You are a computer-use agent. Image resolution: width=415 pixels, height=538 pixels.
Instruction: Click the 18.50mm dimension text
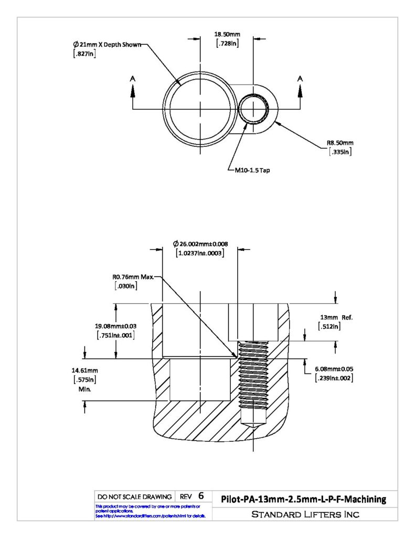click(227, 34)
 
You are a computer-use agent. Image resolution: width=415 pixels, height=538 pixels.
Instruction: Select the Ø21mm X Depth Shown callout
click(107, 45)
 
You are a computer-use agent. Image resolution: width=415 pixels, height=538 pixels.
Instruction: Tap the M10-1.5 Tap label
click(252, 170)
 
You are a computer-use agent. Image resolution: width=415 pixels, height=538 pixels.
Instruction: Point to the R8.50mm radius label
click(340, 143)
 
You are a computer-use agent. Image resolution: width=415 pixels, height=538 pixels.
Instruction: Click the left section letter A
click(133, 79)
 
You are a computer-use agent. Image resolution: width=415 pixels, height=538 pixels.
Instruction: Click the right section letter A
click(300, 79)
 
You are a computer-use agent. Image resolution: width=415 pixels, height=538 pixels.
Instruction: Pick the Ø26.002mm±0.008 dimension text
click(200, 244)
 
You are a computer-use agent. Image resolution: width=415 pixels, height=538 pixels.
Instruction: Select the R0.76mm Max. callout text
click(133, 277)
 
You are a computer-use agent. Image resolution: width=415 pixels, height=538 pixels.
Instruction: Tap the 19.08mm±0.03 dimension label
click(115, 326)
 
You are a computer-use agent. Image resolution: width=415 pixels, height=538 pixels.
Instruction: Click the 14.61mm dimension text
click(84, 370)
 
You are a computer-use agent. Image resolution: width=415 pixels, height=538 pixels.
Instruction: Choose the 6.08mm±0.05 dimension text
click(334, 369)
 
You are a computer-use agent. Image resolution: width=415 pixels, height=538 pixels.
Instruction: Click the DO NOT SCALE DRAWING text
click(135, 497)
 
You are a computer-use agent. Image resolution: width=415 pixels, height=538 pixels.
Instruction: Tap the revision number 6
click(201, 496)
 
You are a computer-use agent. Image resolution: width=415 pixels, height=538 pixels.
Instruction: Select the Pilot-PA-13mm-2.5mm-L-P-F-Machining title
click(304, 499)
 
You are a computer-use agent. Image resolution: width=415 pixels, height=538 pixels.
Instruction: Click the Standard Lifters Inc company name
click(305, 514)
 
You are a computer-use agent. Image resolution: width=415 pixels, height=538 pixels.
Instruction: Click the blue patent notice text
click(150, 511)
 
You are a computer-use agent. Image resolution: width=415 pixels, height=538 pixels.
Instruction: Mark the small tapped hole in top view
click(253, 109)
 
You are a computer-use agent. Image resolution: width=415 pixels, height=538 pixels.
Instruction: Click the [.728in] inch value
click(228, 43)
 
